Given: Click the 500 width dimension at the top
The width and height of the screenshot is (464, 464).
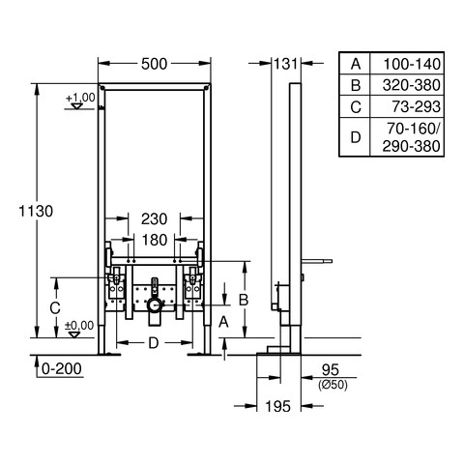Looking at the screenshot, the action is (154, 64).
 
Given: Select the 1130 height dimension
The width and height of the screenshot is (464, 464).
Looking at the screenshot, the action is (36, 212).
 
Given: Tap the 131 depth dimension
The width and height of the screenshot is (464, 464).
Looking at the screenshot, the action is (286, 64).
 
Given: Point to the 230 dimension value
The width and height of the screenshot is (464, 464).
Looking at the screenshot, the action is (154, 219).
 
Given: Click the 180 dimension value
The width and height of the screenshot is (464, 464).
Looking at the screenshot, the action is (155, 240).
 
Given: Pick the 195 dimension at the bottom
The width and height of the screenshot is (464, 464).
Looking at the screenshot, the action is (278, 406).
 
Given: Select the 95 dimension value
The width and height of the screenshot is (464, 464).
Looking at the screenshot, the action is (331, 369).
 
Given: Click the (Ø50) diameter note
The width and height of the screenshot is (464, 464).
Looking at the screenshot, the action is (333, 385).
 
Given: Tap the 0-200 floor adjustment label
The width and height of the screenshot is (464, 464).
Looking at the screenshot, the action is (62, 369).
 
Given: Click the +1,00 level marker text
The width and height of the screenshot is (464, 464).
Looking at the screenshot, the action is (80, 98).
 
